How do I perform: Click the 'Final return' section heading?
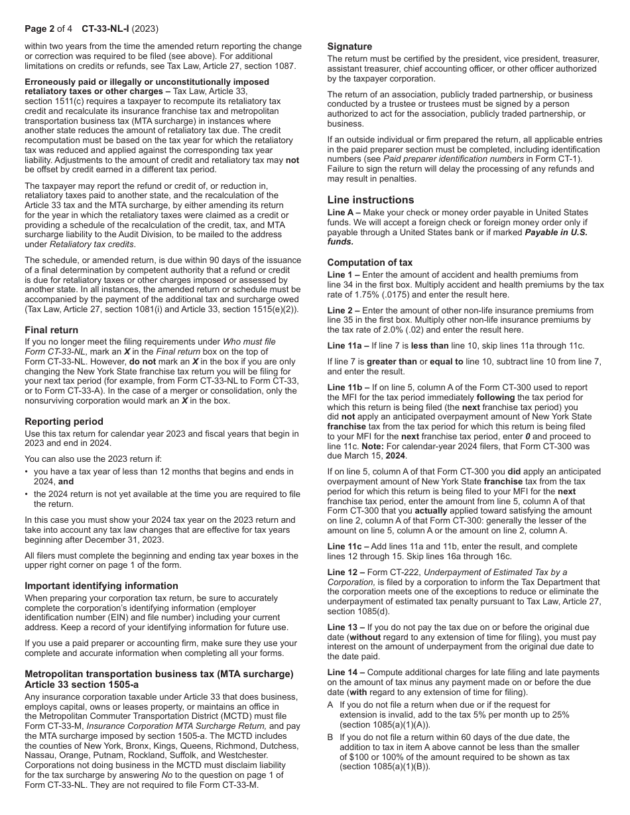(52, 330)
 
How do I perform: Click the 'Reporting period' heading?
(64, 421)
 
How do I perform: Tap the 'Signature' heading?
(349, 46)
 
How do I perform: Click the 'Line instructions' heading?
(370, 200)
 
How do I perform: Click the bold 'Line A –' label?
(346, 212)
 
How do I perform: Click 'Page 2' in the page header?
(40, 29)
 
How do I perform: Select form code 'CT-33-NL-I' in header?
(105, 29)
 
